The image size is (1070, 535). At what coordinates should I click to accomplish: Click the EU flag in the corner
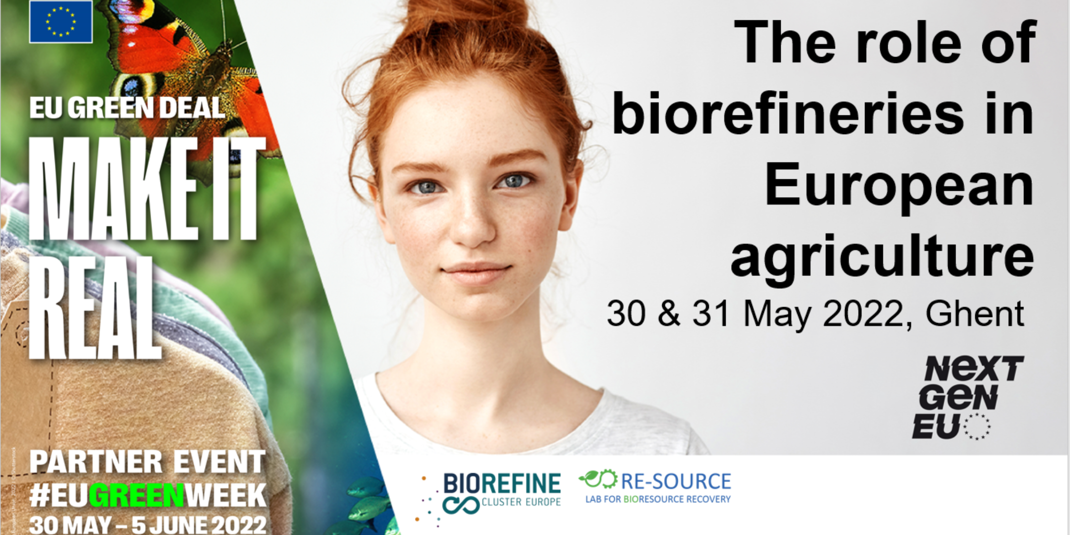click(x=61, y=22)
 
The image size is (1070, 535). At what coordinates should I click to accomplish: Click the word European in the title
click(x=899, y=186)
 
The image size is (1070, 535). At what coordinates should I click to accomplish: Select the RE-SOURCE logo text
click(x=676, y=481)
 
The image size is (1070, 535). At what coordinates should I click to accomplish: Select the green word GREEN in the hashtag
click(x=136, y=495)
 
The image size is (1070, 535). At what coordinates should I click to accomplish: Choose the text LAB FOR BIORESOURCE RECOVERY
click(x=658, y=499)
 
